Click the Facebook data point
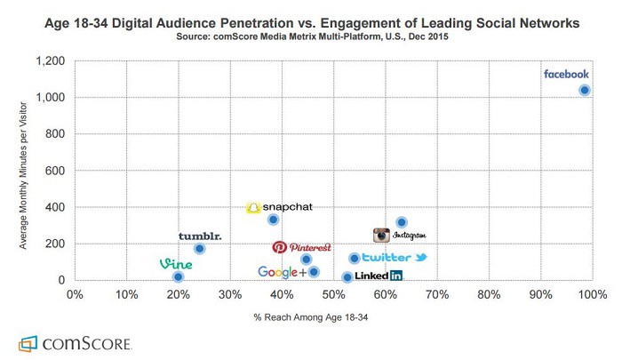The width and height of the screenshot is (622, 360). coord(585,90)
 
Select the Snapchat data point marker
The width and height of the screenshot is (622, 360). coord(274,220)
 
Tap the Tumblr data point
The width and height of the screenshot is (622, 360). coord(200,249)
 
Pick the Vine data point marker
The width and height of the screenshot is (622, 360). coord(179,277)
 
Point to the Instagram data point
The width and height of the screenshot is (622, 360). coord(402,222)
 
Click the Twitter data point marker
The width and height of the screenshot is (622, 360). coord(355,259)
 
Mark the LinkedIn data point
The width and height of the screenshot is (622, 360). coord(347,277)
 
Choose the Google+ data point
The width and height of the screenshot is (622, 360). coord(314,272)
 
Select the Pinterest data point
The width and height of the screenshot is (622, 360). coord(307,260)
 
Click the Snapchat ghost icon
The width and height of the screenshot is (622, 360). coord(253,207)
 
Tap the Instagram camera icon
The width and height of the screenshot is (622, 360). coord(381,236)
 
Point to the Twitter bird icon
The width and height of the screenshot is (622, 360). coord(421,258)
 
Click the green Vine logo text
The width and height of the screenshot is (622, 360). coord(176,264)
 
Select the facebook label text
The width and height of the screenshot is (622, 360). coord(566,75)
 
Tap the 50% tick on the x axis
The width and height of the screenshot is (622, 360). coord(333,292)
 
